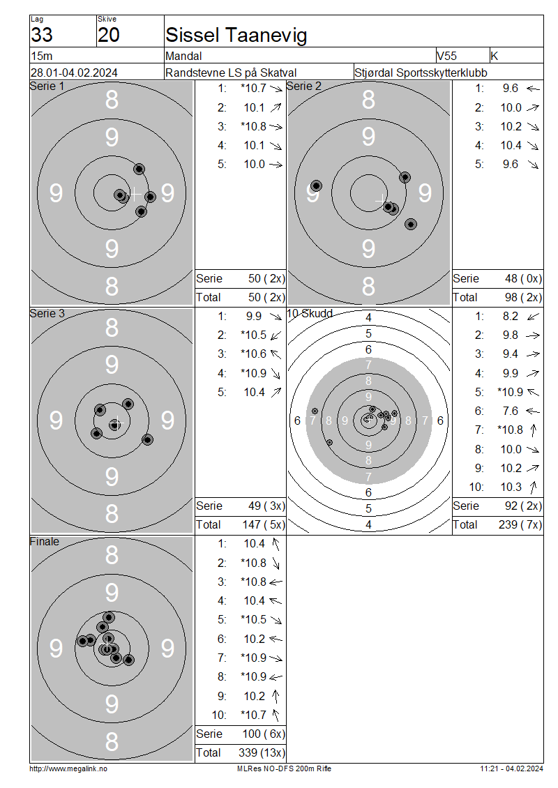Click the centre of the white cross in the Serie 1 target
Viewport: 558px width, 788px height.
(134, 193)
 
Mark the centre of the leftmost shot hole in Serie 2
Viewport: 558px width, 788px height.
(316, 186)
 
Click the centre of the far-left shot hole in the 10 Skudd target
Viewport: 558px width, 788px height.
(315, 411)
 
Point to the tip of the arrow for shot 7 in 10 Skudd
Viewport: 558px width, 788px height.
(534, 425)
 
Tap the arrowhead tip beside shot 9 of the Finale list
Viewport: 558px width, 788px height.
(276, 691)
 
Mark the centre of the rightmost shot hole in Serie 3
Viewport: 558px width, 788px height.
(147, 440)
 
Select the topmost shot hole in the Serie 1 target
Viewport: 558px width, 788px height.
(139, 169)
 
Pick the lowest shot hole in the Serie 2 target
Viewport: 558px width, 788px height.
(411, 224)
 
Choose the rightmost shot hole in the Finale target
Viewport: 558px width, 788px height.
(129, 660)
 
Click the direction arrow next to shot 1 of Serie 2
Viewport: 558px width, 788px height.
(533, 89)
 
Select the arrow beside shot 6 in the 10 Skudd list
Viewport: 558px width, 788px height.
(533, 411)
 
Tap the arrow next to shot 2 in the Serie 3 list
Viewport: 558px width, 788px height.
(276, 335)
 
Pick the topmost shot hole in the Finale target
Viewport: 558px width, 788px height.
(109, 617)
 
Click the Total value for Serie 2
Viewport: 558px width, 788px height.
(523, 298)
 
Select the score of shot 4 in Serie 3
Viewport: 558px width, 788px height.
(254, 373)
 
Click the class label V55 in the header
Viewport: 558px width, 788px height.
(446, 56)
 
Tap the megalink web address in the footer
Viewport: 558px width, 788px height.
(68, 769)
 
